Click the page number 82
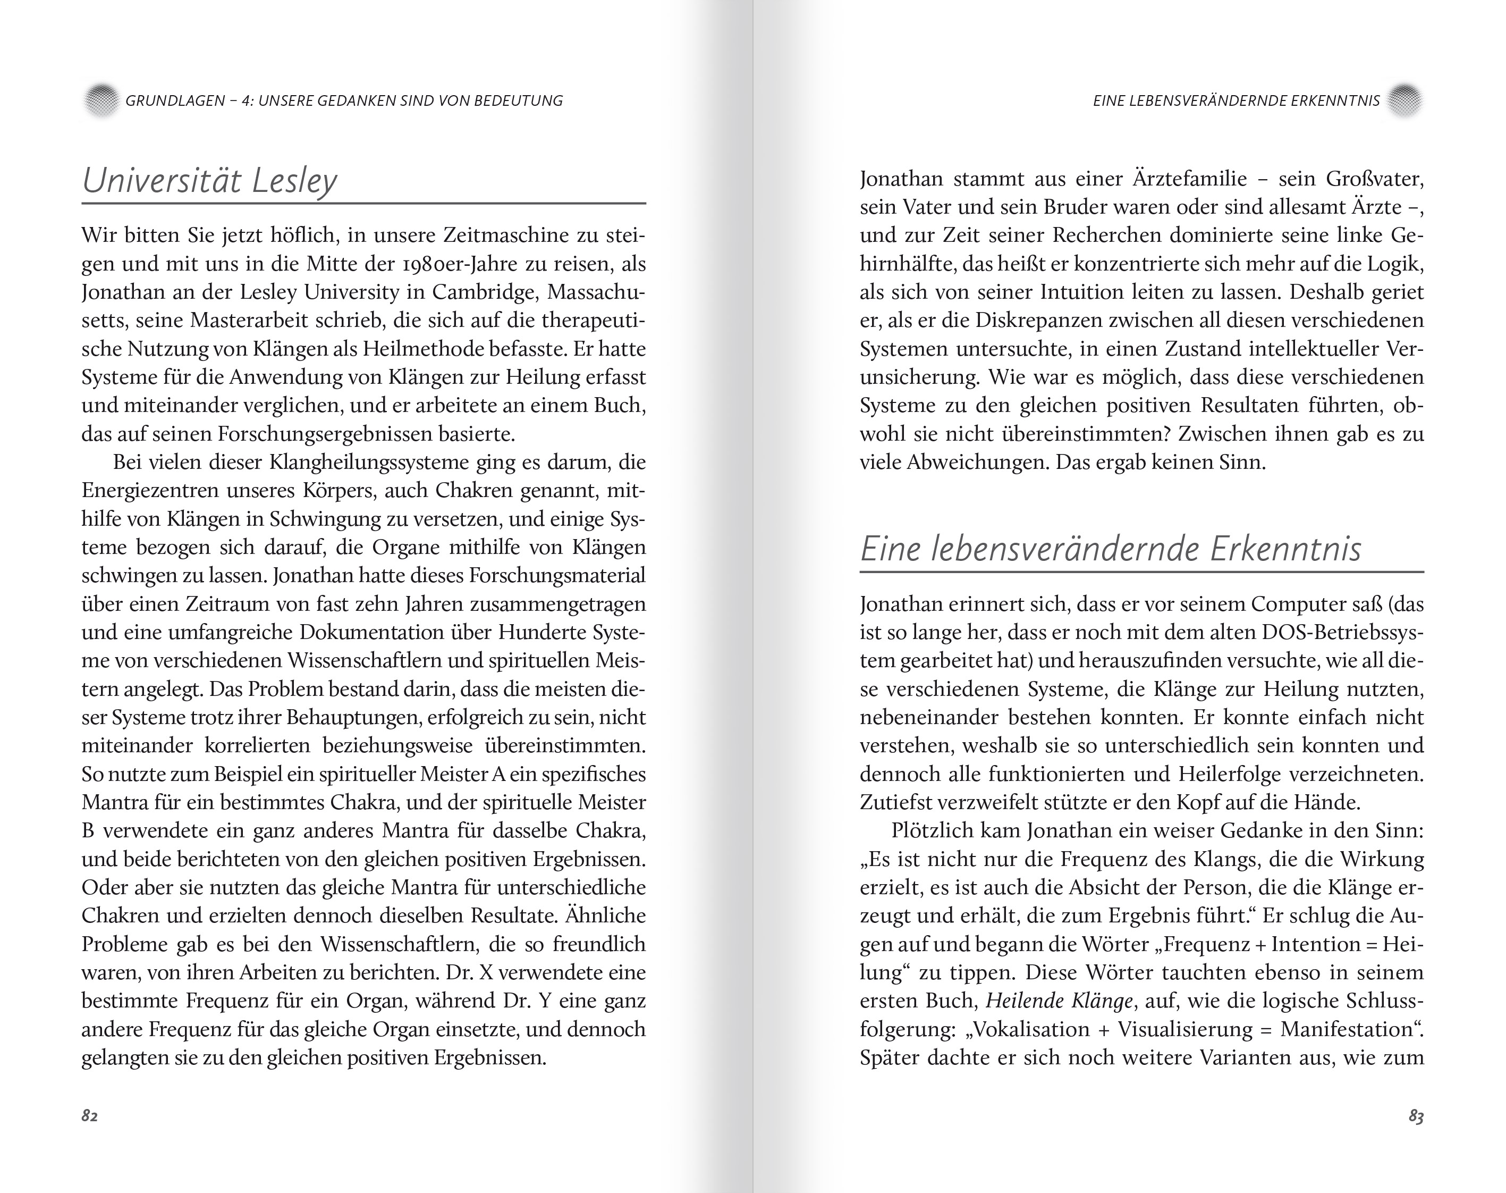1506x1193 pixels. [x=89, y=1115]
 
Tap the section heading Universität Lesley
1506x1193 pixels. [x=209, y=180]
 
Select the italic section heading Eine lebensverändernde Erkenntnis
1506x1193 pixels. [x=1110, y=548]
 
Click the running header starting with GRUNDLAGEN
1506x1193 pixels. [x=343, y=100]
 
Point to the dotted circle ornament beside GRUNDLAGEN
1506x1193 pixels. [x=101, y=100]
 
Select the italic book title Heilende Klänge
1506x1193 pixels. [x=1059, y=1001]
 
